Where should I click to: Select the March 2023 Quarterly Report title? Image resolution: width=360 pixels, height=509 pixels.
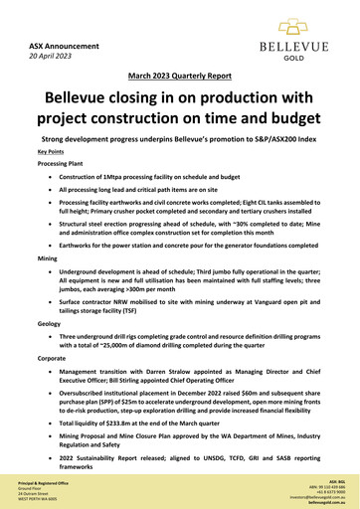tap(179, 76)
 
